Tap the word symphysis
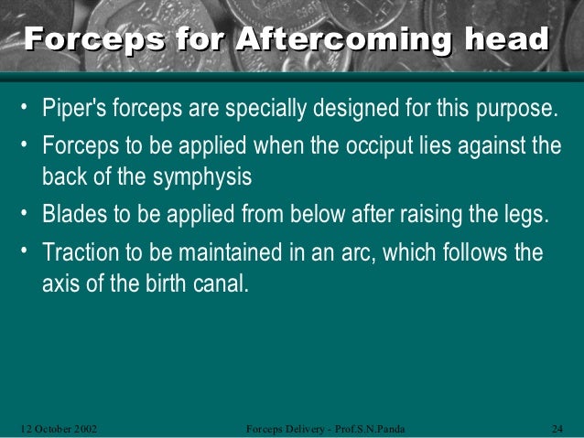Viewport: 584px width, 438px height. (x=206, y=175)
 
